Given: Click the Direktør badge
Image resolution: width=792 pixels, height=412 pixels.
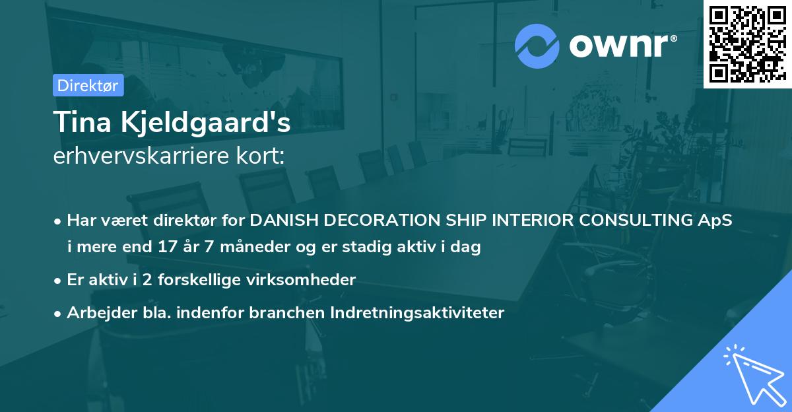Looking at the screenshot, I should (x=88, y=85).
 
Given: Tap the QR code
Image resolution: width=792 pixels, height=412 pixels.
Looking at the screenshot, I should (x=747, y=44).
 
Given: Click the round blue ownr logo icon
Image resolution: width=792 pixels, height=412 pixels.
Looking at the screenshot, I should (x=537, y=46).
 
